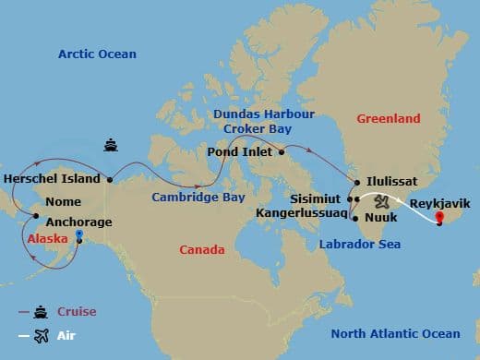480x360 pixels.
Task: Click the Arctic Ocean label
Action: point(97,54)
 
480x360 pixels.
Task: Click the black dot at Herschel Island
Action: point(110,179)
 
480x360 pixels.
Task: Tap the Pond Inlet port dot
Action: point(282,151)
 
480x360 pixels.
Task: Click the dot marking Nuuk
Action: point(355,219)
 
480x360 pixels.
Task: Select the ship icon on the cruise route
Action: point(110,145)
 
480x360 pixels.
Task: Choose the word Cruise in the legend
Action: point(78,312)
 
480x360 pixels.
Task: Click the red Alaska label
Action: point(47,237)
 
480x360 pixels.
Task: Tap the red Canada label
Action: point(201,250)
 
